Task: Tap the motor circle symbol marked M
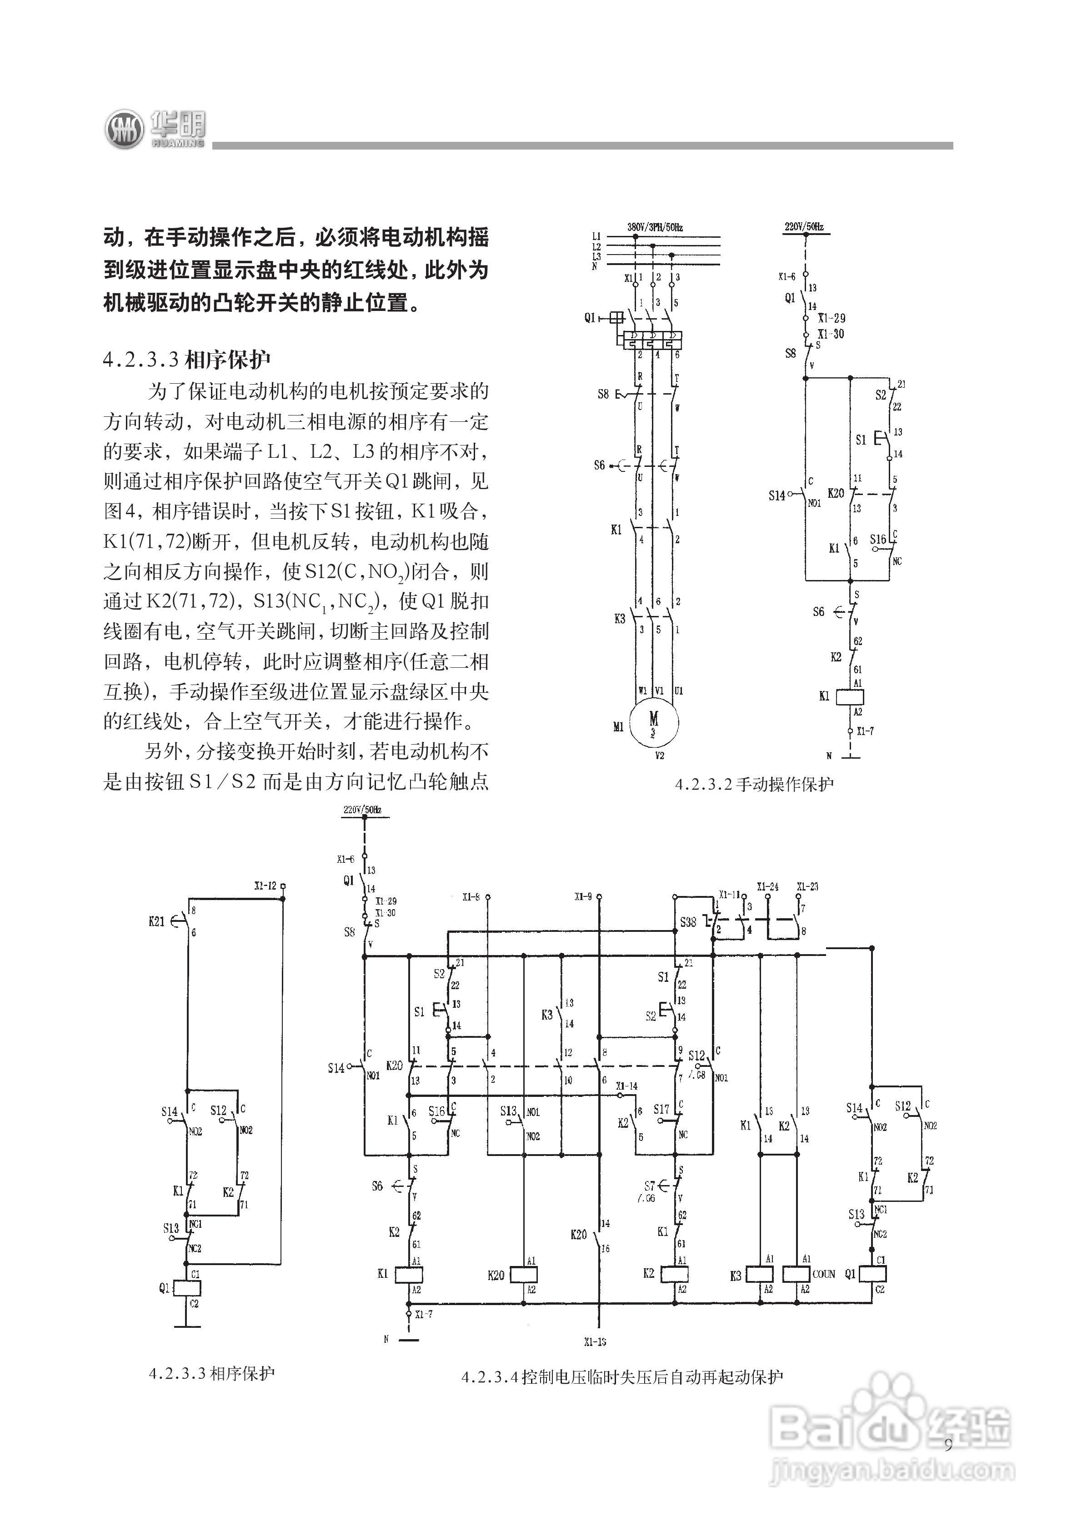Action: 654,722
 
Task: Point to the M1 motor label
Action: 618,727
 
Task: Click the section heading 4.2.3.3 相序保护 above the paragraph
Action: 187,360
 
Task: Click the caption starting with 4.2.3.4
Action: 622,1377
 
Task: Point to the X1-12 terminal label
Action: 265,886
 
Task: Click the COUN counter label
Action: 824,1274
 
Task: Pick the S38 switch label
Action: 688,922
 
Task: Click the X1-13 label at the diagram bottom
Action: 594,1341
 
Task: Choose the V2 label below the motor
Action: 659,755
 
